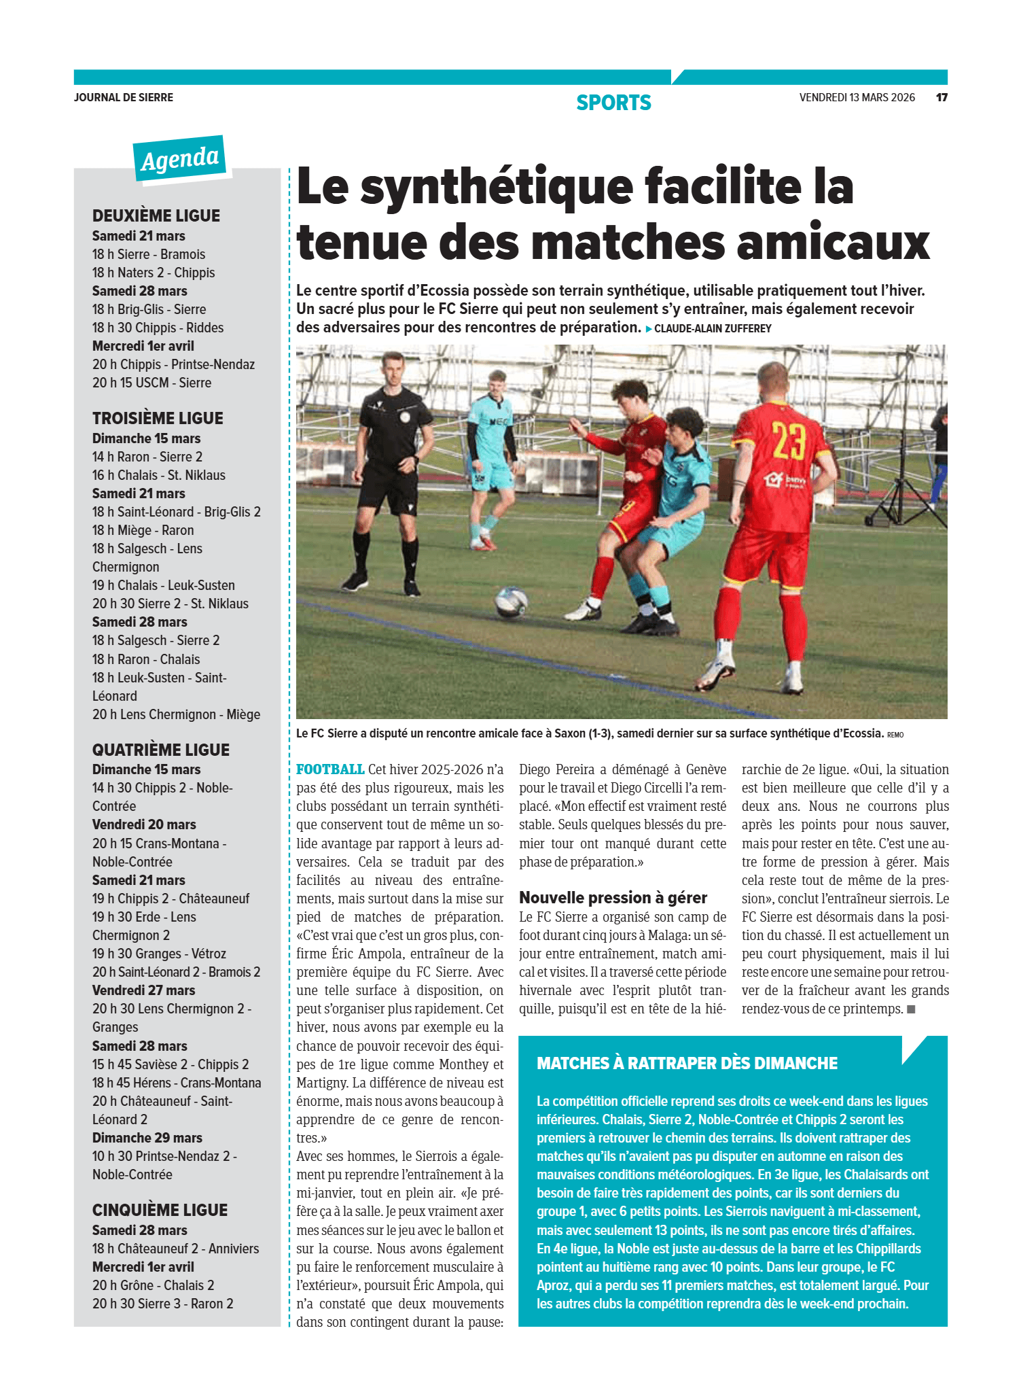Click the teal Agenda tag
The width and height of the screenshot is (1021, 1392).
180,159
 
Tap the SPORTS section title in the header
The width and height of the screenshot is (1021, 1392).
613,103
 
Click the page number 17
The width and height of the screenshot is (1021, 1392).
942,97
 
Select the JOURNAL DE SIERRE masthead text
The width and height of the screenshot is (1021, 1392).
124,97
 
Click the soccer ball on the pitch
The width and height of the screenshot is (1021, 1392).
511,601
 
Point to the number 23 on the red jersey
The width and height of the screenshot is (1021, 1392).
789,440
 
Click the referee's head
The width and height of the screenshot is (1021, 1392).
393,366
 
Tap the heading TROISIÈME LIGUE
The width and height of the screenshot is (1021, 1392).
158,418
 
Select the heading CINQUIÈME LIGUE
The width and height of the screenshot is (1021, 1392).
160,1210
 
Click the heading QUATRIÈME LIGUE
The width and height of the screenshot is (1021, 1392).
161,750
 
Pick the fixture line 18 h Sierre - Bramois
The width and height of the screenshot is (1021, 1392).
149,254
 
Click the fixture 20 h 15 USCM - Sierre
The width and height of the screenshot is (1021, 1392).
151,383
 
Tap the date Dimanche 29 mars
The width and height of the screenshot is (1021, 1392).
147,1137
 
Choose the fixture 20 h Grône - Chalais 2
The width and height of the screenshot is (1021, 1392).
153,1285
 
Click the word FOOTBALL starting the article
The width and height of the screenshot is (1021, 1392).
330,769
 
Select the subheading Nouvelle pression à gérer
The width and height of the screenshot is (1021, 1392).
613,897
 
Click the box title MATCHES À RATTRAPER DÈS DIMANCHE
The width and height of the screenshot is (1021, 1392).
687,1063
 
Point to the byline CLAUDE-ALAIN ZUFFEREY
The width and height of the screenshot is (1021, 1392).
712,329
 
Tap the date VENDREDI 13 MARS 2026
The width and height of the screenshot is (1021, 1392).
857,97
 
